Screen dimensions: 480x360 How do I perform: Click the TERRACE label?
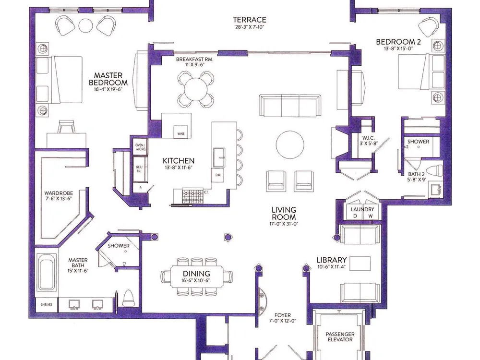point(250,20)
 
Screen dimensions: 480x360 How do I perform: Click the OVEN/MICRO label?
point(141,147)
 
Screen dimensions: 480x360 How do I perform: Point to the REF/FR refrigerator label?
point(139,169)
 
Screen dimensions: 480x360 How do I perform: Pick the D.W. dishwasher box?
point(218,175)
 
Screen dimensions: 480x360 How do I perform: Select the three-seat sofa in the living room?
point(290,106)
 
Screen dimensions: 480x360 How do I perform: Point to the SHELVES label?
point(47,305)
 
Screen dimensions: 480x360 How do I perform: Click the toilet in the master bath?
point(128,297)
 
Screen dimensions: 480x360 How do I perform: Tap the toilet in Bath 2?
point(434,171)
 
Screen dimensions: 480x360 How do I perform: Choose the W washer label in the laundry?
point(371,216)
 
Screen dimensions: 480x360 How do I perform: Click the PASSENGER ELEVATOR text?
point(340,337)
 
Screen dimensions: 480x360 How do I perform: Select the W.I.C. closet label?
point(368,138)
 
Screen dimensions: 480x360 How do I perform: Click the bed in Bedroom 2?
point(421,72)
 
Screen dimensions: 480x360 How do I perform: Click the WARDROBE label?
point(59,193)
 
